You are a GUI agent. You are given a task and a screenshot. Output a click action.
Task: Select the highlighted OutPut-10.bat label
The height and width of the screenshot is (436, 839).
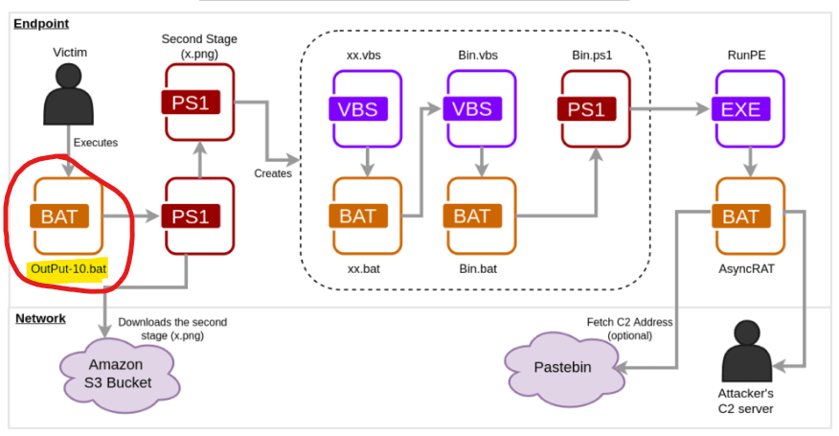[67, 269]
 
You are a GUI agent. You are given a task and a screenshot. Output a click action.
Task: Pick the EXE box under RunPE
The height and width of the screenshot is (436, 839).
[740, 108]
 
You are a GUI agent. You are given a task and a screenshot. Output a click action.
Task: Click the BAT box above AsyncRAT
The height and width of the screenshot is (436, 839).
[740, 217]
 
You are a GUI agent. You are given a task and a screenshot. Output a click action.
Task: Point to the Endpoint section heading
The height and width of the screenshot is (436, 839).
[40, 23]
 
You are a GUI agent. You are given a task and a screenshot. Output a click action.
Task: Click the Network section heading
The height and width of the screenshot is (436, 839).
[40, 318]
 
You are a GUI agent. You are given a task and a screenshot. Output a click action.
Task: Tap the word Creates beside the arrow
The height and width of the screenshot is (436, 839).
[273, 173]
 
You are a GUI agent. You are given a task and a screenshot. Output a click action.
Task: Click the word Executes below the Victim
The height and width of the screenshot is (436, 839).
[96, 143]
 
